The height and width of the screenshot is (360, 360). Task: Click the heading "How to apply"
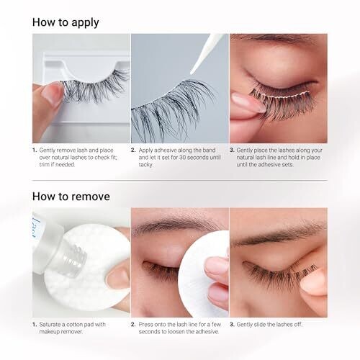(66, 22)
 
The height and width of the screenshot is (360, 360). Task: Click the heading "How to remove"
(71, 197)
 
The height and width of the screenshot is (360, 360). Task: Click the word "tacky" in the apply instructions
(145, 165)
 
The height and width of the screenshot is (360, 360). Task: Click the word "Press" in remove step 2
(145, 325)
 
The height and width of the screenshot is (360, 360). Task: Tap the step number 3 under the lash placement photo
(232, 150)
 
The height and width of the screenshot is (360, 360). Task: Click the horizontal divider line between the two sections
(180, 180)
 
